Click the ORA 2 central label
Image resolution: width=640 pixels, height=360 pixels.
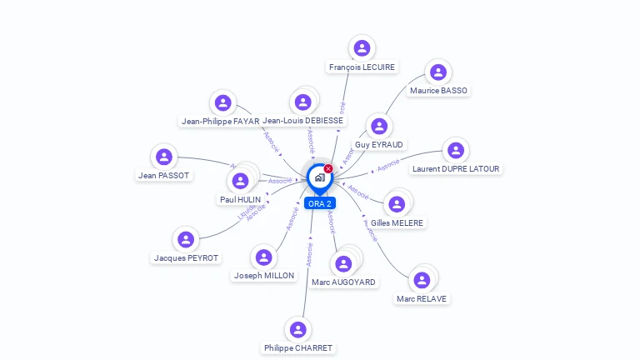(319, 203)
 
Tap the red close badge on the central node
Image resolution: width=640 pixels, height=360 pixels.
(328, 168)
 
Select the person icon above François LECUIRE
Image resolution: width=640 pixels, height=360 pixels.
(361, 48)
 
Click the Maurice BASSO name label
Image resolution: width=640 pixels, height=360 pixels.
(438, 90)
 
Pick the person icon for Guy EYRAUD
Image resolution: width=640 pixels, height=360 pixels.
(379, 126)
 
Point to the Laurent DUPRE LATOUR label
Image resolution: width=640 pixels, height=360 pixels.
(456, 168)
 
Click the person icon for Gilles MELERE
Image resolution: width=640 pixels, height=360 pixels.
(397, 204)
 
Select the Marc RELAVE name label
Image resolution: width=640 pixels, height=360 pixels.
(421, 298)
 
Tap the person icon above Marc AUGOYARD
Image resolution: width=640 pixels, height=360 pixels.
(343, 264)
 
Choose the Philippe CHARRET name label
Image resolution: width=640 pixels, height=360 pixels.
(298, 347)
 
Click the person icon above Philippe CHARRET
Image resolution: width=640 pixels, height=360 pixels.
(297, 329)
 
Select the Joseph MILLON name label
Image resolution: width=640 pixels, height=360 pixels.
(263, 275)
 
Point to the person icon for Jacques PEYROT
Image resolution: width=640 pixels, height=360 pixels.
(185, 240)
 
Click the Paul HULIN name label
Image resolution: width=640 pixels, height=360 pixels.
(240, 200)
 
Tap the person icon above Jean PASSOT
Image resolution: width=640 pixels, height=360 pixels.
(164, 157)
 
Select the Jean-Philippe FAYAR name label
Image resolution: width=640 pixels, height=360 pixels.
(220, 121)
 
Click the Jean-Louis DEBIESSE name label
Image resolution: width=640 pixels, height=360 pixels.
(302, 121)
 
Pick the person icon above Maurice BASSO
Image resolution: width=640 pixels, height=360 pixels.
(437, 72)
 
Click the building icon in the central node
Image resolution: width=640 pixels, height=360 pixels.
(319, 177)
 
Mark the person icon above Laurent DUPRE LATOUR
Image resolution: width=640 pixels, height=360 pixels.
(455, 150)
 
